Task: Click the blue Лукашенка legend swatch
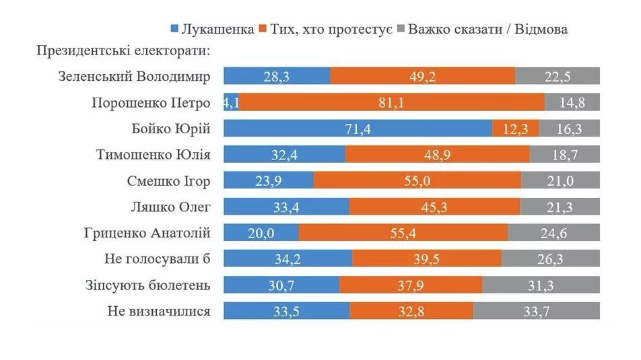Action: coord(174,30)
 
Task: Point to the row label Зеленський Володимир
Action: coord(135,77)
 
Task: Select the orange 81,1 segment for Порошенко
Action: coord(393,103)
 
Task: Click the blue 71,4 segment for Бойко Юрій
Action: coord(358,129)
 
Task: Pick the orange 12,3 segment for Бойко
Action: coord(515,129)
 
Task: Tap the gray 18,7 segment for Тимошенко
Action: coord(564,155)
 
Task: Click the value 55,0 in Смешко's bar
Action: coord(417,181)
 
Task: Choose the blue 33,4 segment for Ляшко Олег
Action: coord(286,207)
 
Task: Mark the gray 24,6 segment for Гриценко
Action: coord(553,233)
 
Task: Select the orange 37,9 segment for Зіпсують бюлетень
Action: coord(411,285)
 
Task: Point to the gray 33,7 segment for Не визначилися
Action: coord(536,312)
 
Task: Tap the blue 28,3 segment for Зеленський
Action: coord(277,77)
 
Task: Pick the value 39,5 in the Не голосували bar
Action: coord(427,259)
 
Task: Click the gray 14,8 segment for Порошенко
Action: coord(572,103)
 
